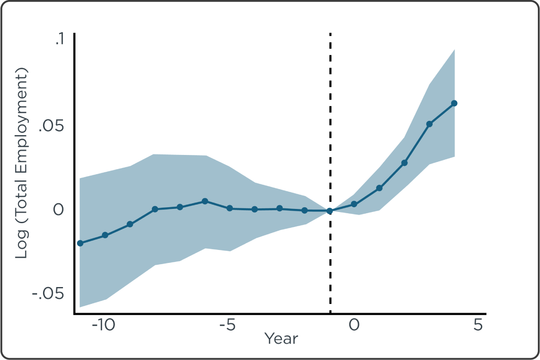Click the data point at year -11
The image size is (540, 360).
click(x=80, y=243)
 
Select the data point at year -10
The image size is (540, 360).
click(x=105, y=235)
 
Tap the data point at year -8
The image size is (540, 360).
click(x=155, y=209)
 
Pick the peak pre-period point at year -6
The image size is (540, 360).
click(x=205, y=201)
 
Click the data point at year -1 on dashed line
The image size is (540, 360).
click(x=330, y=211)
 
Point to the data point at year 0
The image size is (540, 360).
click(x=354, y=204)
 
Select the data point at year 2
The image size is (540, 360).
click(x=404, y=163)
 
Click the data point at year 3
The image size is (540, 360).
click(x=429, y=124)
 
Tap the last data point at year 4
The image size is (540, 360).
click(x=454, y=103)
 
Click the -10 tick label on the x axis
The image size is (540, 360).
click(x=104, y=325)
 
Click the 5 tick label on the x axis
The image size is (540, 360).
click(x=478, y=325)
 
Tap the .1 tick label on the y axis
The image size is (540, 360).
click(x=59, y=39)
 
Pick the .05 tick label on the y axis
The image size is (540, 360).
click(x=51, y=128)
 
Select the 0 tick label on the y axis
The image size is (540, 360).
click(x=58, y=210)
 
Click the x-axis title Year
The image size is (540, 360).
click(x=281, y=338)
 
